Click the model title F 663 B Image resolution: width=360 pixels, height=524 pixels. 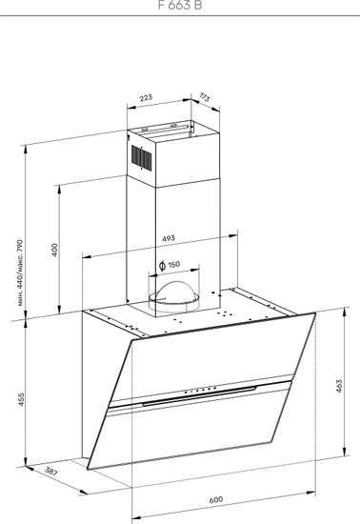[x=180, y=5]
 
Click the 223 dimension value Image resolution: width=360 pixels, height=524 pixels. [x=146, y=97]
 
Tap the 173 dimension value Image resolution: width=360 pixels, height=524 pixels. [x=205, y=97]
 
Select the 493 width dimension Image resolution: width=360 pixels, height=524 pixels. [x=169, y=238]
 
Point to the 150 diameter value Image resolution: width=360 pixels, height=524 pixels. [x=173, y=265]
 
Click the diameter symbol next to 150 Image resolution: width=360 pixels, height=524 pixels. [x=162, y=266]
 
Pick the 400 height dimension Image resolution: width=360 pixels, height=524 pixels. [x=54, y=250]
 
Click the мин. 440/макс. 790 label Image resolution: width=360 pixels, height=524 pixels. [x=20, y=272]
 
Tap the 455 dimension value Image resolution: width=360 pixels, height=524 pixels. [x=21, y=399]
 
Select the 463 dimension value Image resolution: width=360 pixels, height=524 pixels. [x=339, y=386]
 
